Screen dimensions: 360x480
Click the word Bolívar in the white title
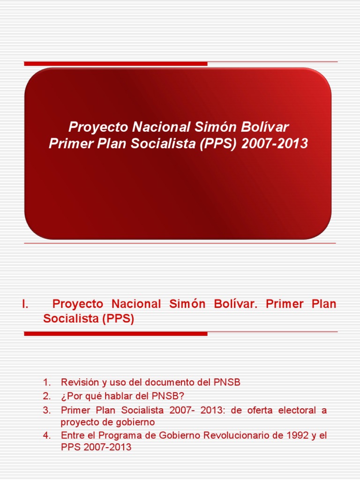(264, 127)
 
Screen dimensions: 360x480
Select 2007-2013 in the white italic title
(275, 143)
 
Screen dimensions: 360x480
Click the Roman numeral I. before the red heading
(25, 304)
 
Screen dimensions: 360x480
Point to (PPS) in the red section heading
(119, 319)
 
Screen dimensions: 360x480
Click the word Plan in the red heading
(324, 304)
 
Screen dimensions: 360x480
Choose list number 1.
(46, 382)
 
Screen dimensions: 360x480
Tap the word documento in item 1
(169, 382)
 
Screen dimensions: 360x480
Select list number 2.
(46, 396)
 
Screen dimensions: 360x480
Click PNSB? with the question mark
(168, 396)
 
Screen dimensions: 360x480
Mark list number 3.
(46, 410)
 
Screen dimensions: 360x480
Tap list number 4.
(46, 435)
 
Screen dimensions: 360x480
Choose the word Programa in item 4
(120, 436)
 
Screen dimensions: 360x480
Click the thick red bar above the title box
(116, 64)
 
